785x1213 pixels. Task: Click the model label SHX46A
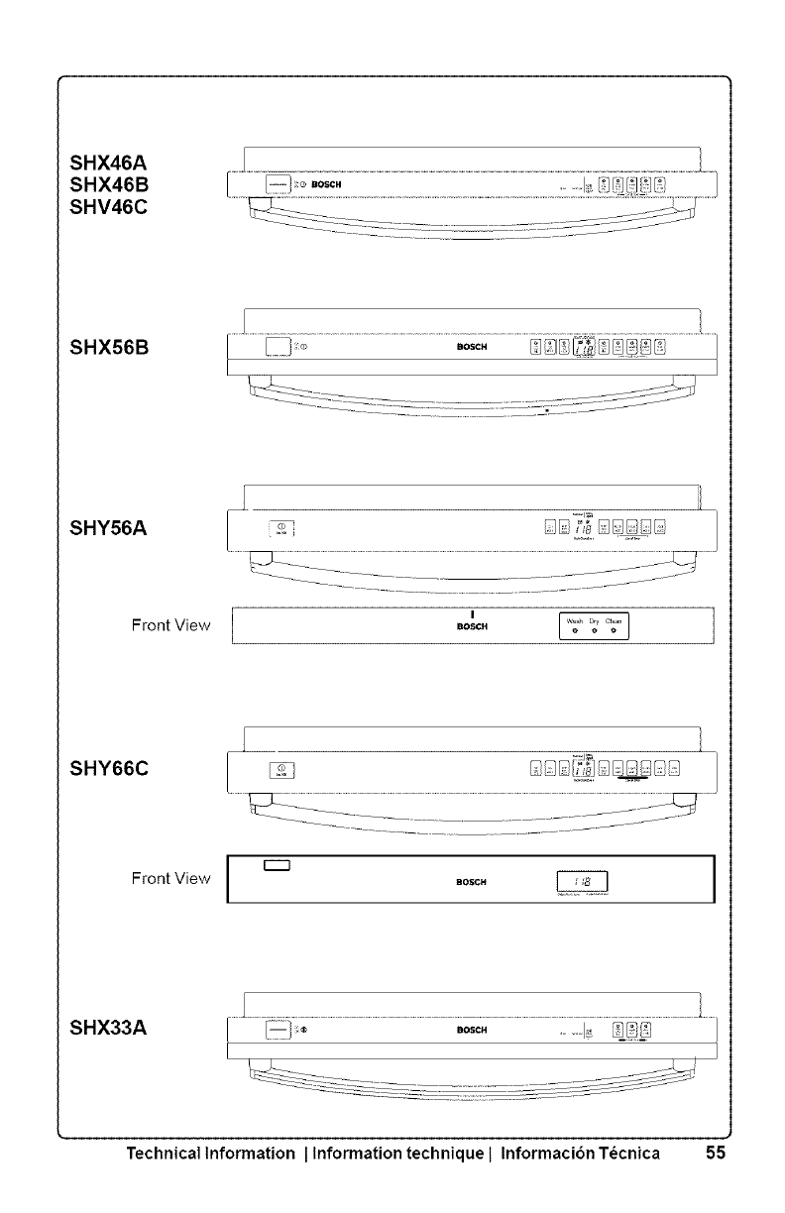[110, 163]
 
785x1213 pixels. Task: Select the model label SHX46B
[110, 184]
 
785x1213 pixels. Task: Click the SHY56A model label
[110, 530]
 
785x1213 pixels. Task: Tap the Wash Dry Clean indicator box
[591, 626]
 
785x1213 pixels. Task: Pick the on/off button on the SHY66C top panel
[281, 769]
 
